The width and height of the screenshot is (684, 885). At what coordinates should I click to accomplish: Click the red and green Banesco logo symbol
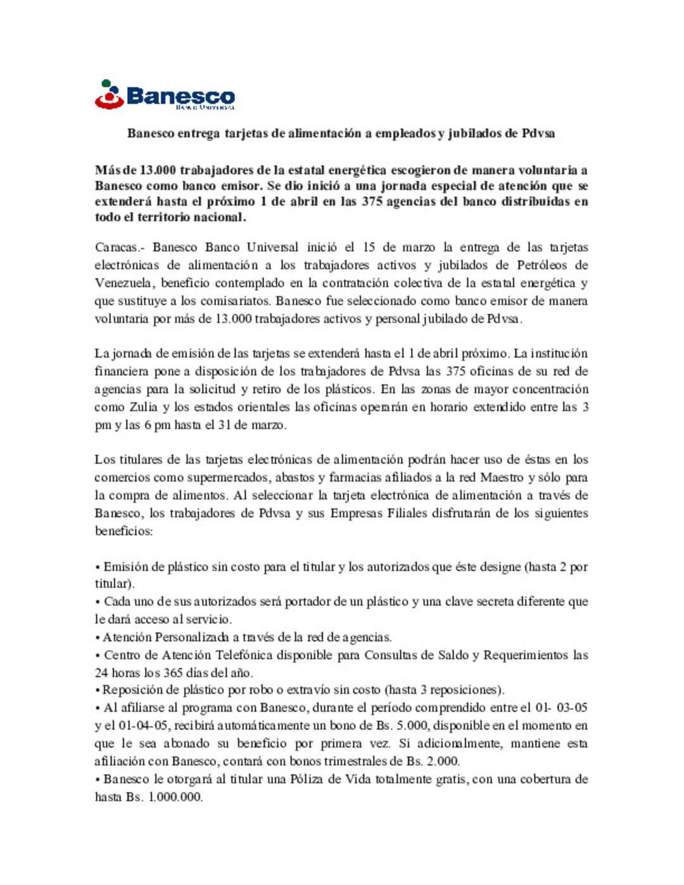(x=109, y=95)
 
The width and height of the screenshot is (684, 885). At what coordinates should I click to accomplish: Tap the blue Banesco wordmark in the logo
(x=180, y=96)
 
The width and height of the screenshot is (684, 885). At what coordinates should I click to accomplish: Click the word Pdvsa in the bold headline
(x=538, y=134)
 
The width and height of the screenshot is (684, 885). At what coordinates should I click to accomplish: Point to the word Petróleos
(x=541, y=265)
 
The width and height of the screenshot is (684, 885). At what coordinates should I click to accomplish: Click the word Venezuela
(x=123, y=283)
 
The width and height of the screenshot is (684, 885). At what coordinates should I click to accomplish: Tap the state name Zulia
(x=143, y=407)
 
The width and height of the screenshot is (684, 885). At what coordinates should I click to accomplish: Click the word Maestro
(x=502, y=477)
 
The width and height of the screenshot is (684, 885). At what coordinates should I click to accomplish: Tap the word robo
(x=267, y=690)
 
